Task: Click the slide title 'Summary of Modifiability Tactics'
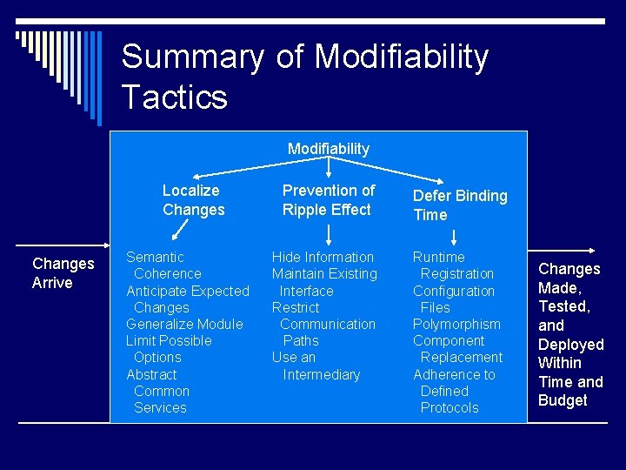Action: coord(304,76)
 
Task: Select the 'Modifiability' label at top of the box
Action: coord(328,149)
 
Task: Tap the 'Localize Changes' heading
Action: coord(193,200)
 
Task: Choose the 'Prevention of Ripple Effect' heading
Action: coord(328,200)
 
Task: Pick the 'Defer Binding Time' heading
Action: coord(459,205)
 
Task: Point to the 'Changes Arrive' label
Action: coord(63,272)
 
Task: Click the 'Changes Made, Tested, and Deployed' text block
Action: coord(570,334)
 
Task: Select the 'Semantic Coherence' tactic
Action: coord(163,265)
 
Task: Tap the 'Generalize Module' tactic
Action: coord(184,324)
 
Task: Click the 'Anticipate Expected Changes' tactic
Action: coord(187,299)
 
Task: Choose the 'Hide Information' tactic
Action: coord(323,257)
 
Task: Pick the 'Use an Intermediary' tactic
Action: coord(316,366)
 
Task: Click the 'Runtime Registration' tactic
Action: coord(453,265)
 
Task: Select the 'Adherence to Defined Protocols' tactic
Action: coord(454,391)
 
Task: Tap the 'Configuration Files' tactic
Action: coord(453,299)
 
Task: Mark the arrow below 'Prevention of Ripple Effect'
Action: coord(329,232)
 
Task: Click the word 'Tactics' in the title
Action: coord(174,97)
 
